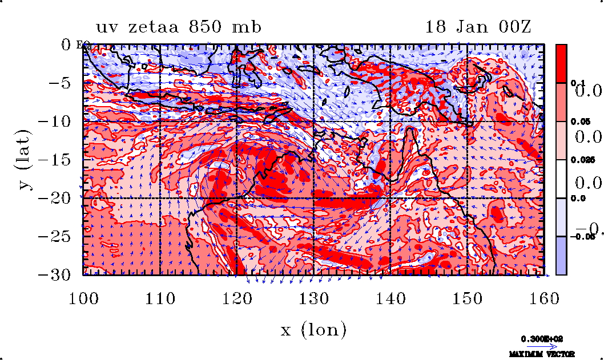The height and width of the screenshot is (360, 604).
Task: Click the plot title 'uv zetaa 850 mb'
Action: pos(179,27)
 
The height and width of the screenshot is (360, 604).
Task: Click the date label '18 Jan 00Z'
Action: pos(478,27)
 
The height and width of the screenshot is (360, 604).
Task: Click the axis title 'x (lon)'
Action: pos(313,329)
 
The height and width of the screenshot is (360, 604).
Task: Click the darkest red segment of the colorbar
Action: pos(561,63)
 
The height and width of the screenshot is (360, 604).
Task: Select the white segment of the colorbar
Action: pos(561,179)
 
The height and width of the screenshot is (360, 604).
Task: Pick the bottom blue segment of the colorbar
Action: pos(561,256)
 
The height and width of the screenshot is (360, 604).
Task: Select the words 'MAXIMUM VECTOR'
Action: pos(542,354)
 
